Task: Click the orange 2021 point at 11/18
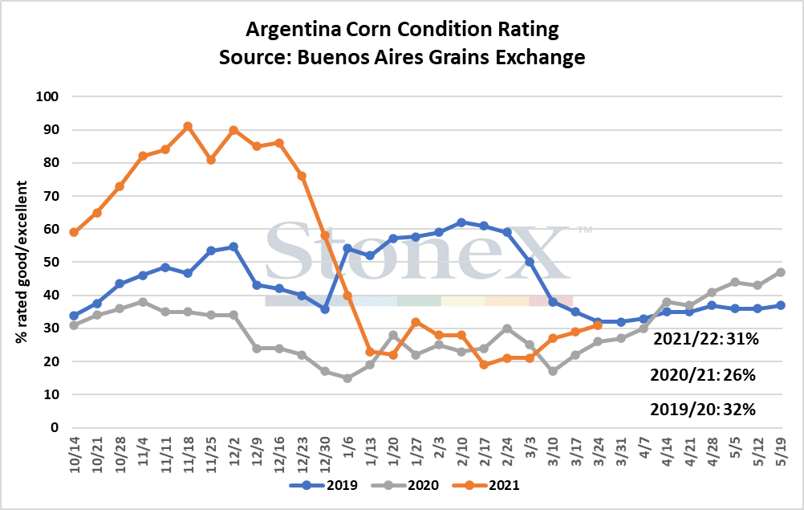(x=188, y=126)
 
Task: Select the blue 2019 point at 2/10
(x=461, y=222)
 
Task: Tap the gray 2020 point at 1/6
(x=347, y=378)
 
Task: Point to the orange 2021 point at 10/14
(x=74, y=232)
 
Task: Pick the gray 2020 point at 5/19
(x=781, y=272)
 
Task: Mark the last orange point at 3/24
(x=598, y=325)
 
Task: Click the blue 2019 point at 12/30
(x=325, y=309)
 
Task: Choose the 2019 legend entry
(x=323, y=485)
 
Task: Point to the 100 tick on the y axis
(x=47, y=96)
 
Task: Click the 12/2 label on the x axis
(x=234, y=451)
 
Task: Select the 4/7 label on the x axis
(x=644, y=448)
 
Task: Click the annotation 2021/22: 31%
(x=705, y=339)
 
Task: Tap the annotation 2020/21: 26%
(x=702, y=375)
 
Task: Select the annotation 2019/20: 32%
(x=702, y=409)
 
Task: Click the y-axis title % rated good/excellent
(x=21, y=262)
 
